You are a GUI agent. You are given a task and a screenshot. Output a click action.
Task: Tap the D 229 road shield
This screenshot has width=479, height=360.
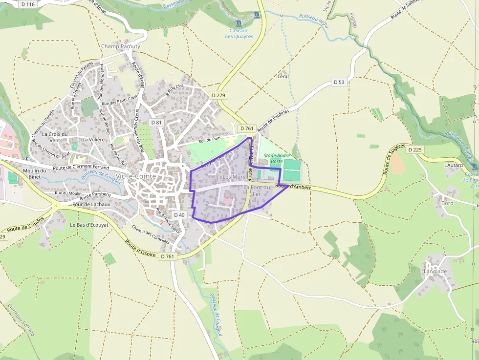tap(218, 95)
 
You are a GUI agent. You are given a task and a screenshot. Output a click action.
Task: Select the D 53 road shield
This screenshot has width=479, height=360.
tap(339, 82)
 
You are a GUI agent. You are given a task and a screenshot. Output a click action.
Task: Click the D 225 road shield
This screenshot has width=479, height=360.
tap(414, 150)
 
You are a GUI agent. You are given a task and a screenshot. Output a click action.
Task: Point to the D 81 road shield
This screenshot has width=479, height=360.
tap(156, 123)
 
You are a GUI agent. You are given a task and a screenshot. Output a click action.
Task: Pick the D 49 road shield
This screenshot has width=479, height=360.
tap(179, 215)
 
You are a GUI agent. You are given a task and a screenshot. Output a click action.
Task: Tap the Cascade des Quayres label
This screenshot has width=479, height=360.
tap(239, 33)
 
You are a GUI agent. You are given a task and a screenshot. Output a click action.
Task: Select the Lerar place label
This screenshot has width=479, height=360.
tap(283, 77)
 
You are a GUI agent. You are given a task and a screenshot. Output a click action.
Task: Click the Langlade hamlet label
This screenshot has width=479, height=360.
tap(435, 272)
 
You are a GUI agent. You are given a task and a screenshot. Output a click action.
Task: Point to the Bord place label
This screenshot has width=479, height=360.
tap(447, 203)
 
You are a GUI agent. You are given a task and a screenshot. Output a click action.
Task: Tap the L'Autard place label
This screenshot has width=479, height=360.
tap(453, 166)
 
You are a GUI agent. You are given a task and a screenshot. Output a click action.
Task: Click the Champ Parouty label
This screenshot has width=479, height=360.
tap(121, 47)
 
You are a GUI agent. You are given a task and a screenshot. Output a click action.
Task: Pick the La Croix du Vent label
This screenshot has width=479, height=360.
tap(54, 137)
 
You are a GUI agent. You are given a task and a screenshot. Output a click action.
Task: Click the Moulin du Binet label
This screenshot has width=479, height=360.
tap(35, 173)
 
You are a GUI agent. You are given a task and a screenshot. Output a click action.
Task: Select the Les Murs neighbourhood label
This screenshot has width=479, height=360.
tap(234, 177)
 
